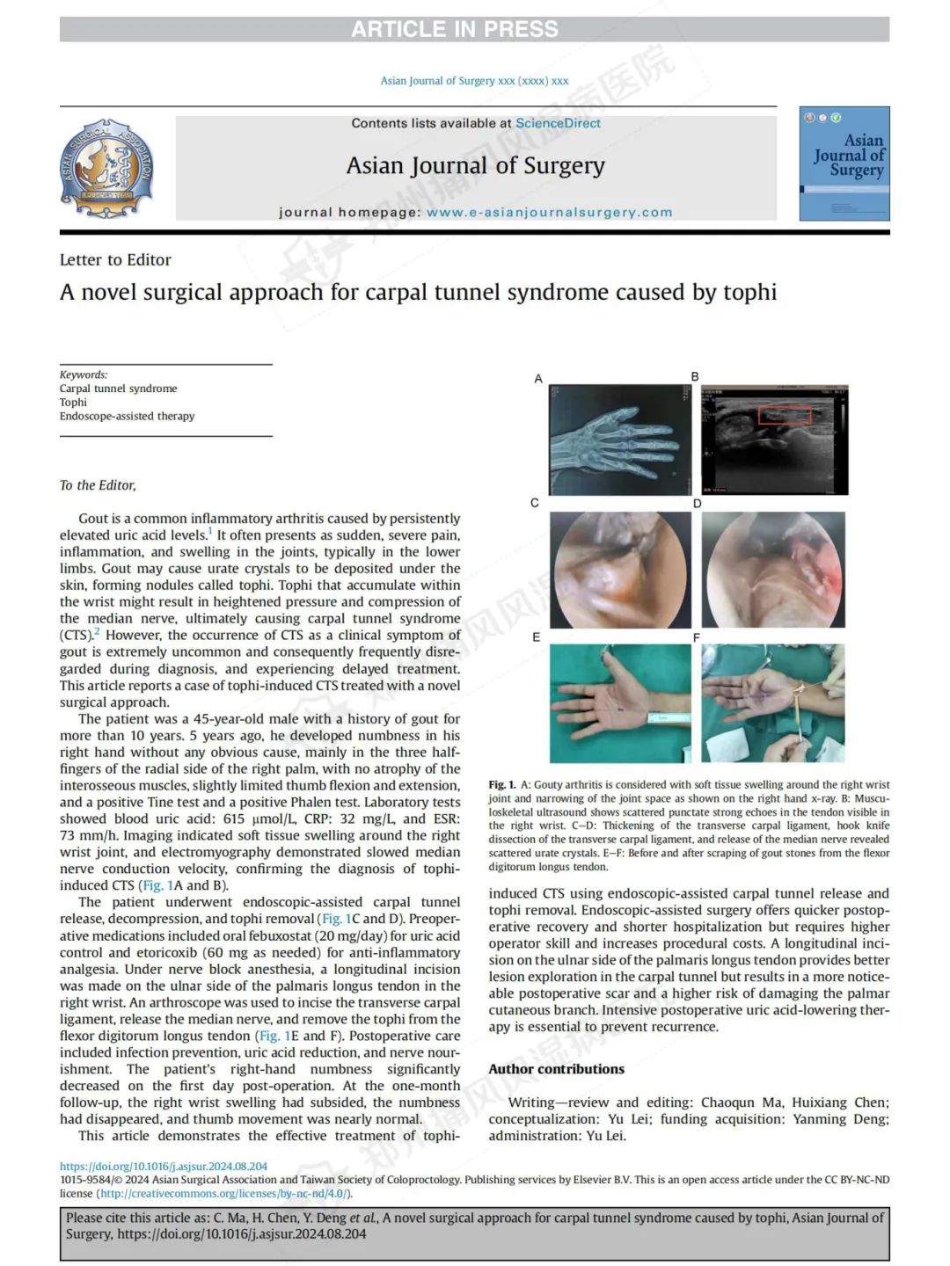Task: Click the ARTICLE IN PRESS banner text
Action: [455, 29]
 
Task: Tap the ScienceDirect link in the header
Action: [558, 123]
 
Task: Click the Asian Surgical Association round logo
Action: [107, 168]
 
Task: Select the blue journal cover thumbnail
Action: [844, 164]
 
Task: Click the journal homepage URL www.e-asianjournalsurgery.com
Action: [549, 212]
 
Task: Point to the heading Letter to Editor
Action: [115, 259]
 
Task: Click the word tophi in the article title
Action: [749, 292]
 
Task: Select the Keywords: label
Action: [84, 375]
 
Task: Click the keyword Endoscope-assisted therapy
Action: [127, 416]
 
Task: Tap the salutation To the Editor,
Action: [98, 485]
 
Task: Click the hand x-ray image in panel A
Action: [620, 440]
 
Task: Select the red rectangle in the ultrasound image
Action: [784, 416]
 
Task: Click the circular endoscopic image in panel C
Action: [620, 569]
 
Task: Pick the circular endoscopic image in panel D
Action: [773, 569]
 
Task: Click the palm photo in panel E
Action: [620, 703]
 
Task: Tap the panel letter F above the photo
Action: [697, 637]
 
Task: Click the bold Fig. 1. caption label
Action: [502, 784]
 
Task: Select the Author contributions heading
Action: [556, 1069]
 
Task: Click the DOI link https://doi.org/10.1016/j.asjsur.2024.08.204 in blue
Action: [164, 1167]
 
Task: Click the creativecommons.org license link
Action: [223, 1193]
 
